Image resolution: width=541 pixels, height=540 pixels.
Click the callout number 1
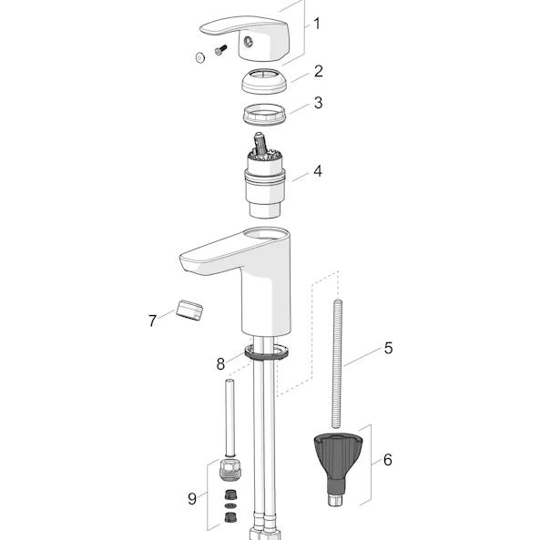316,24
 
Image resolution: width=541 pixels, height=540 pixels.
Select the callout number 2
319,71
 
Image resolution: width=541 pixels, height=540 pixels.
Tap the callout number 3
318,103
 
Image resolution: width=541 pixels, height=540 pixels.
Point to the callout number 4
318,171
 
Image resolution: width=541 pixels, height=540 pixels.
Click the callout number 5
389,348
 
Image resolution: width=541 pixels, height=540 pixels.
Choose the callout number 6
387,460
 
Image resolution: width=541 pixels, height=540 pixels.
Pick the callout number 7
152,321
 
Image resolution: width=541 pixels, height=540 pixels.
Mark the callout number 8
220,363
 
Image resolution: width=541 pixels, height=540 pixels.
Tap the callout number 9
192,499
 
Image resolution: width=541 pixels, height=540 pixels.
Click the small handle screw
220,50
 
